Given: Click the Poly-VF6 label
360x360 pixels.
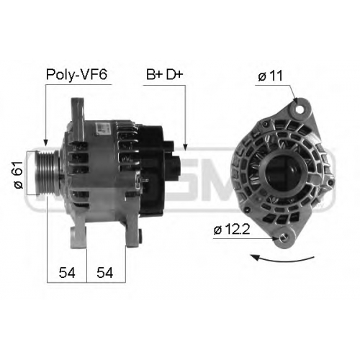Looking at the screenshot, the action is coord(76,75).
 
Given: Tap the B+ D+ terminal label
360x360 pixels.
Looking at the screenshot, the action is coord(165,75).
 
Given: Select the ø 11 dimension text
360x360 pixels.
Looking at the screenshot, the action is coord(271,76).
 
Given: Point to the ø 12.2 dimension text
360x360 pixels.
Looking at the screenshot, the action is coord(232,230).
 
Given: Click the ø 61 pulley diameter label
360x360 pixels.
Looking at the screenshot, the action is coord(19,175).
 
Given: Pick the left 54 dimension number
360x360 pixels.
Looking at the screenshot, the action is coord(67,273).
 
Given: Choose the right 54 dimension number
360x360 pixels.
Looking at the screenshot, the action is coord(104,273).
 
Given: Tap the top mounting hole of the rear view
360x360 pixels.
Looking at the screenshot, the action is coord(300,109).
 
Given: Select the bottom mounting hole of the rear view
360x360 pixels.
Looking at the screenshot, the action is coord(284,238).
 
